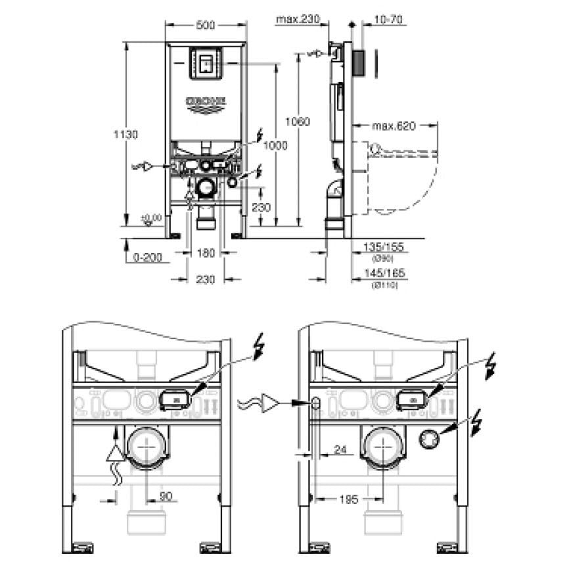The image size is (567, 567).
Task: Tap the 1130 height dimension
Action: [128, 134]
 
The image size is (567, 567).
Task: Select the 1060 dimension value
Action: [298, 121]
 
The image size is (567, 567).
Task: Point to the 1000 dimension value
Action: [277, 146]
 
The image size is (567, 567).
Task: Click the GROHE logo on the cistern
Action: [206, 102]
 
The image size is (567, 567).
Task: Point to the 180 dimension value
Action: [206, 252]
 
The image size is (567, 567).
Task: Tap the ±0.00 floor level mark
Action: [152, 217]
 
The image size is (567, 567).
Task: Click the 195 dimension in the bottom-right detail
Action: [348, 499]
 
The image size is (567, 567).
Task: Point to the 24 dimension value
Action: [339, 449]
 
